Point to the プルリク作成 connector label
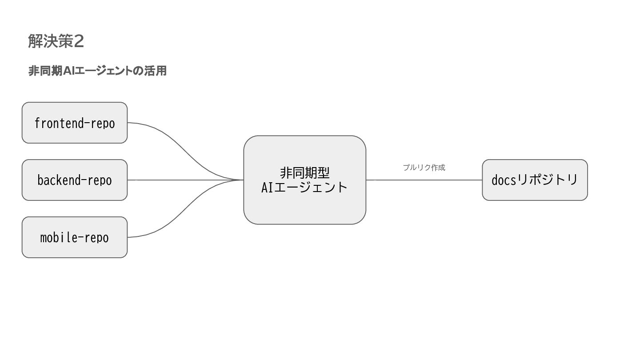[x=424, y=168]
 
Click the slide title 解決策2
[x=56, y=41]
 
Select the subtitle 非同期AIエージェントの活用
[x=97, y=71]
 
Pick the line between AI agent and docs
[x=424, y=180]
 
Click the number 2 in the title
[x=79, y=41]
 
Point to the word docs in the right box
[x=504, y=180]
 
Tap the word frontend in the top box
[x=58, y=123]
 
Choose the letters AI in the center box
[x=267, y=187]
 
